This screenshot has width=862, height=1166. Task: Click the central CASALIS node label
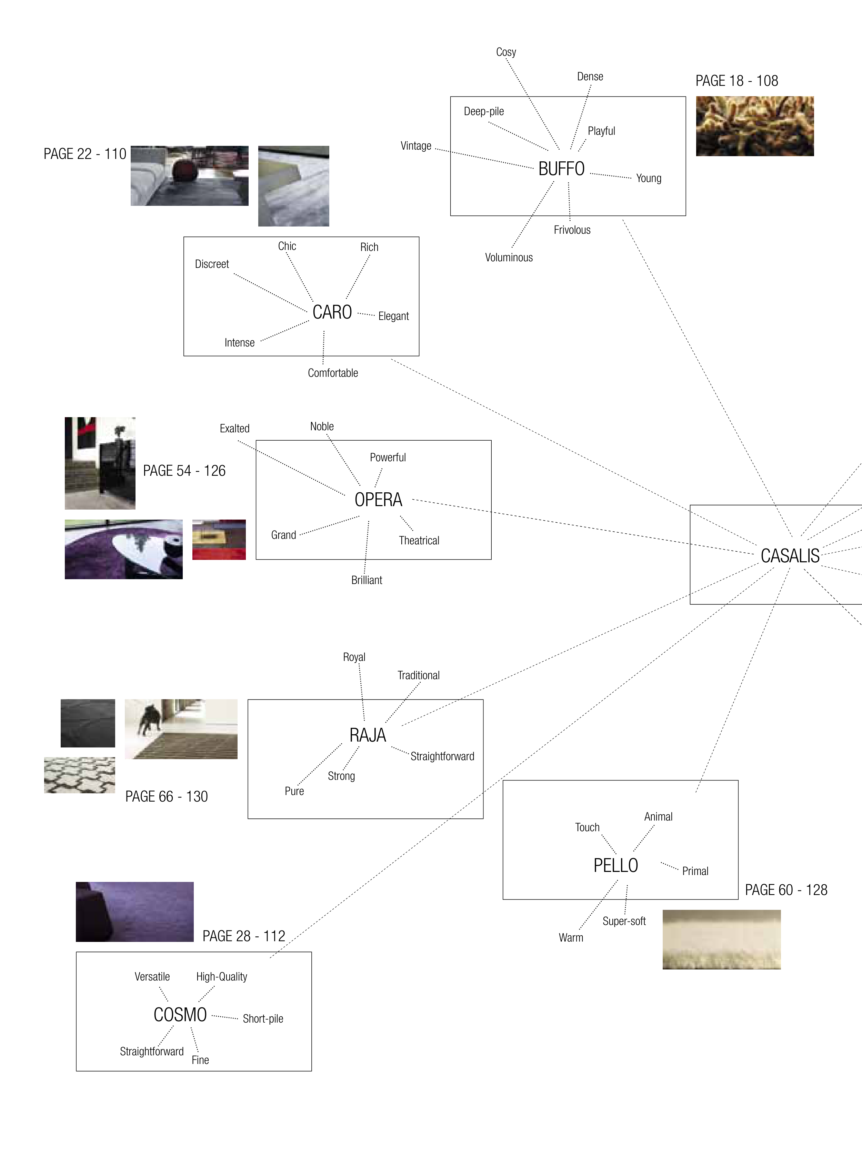(x=790, y=556)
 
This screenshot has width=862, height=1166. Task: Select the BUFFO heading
(x=561, y=169)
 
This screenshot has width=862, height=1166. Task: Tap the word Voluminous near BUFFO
(x=509, y=258)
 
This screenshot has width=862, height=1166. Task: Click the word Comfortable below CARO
(x=332, y=373)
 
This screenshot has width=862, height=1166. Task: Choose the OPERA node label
(x=378, y=500)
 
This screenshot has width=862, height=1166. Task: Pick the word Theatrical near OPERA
(x=419, y=541)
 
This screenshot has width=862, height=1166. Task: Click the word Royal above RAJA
(x=354, y=657)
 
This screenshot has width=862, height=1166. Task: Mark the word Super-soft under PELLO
(x=624, y=921)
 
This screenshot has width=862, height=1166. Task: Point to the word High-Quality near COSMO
(x=221, y=977)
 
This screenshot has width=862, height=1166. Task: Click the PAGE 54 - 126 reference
(x=184, y=471)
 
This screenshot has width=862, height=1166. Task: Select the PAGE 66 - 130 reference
(x=167, y=797)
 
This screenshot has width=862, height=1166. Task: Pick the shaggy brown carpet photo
(x=754, y=126)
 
